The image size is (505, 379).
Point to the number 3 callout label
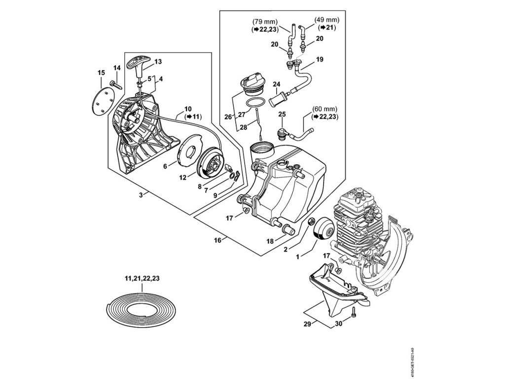pyautogui.click(x=141, y=195)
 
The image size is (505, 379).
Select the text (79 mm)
pyautogui.click(x=264, y=22)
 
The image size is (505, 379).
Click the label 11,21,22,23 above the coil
pyautogui.click(x=142, y=279)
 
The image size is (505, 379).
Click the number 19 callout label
pyautogui.click(x=319, y=59)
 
